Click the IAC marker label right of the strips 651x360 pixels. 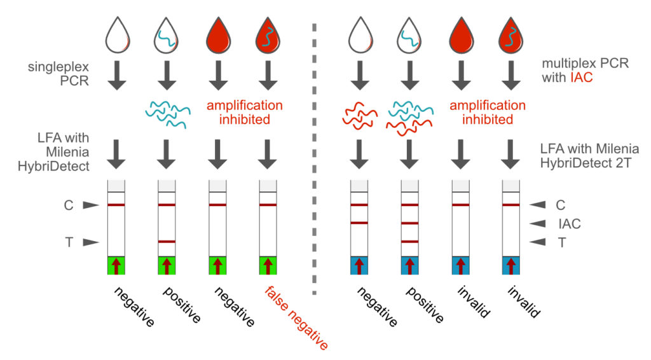(569, 223)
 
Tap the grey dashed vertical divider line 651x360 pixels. (315, 159)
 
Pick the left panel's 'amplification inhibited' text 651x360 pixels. (244, 112)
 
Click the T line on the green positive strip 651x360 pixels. (167, 242)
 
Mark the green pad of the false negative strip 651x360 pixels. (268, 265)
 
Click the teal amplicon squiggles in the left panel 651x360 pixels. (166, 112)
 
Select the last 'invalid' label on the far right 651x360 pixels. (525, 303)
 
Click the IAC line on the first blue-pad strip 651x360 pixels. (359, 223)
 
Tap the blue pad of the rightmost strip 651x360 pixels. (512, 265)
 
